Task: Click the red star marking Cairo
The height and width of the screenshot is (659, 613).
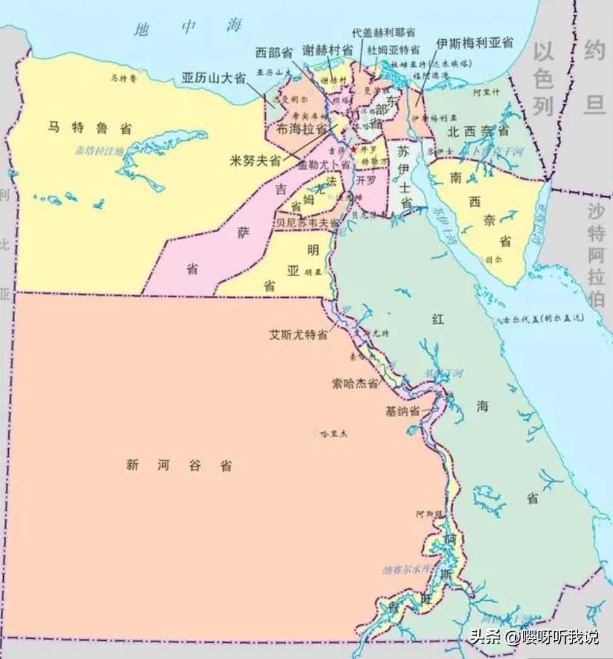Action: [x=354, y=150]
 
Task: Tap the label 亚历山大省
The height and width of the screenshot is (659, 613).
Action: [x=213, y=78]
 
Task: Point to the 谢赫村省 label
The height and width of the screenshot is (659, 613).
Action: [x=327, y=51]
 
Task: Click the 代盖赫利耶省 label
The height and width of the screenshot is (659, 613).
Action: [x=384, y=32]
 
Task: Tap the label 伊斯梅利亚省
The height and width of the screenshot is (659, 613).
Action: [x=474, y=43]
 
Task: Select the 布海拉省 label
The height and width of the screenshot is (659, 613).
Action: [x=298, y=129]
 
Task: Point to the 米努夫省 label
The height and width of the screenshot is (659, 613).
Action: [x=255, y=161]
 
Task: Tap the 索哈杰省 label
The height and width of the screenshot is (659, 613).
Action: [x=356, y=383]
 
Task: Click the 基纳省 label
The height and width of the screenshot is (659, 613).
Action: [x=402, y=411]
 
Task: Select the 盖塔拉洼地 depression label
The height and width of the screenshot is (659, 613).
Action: [x=100, y=150]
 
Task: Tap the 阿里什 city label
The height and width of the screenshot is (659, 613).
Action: [x=486, y=92]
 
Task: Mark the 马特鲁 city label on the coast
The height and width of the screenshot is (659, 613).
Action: [x=124, y=78]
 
